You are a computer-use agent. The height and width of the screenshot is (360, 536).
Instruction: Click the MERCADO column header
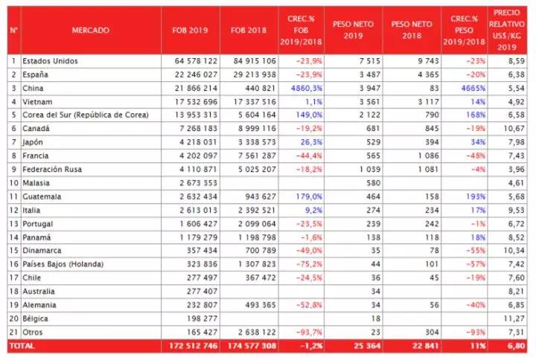tap(90, 30)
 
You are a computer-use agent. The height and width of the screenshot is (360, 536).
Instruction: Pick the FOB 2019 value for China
tap(194, 88)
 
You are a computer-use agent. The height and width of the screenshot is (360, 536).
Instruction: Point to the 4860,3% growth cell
tap(304, 88)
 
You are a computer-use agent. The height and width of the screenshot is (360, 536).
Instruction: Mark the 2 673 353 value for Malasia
tap(194, 183)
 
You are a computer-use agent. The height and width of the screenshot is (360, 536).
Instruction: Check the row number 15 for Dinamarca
tap(13, 251)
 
